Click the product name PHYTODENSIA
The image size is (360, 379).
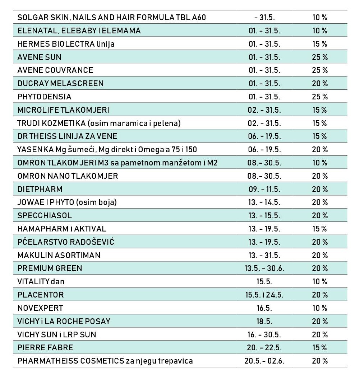(44, 97)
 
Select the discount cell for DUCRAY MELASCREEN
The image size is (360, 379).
(320, 83)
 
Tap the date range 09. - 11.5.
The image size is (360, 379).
(264, 189)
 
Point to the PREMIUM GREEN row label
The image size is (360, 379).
(50, 268)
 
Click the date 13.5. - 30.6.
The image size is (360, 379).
(264, 268)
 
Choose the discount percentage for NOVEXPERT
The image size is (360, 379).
(320, 308)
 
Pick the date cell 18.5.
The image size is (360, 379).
(264, 322)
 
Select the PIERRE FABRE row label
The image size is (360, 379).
(45, 347)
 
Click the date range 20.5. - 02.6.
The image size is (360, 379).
(264, 361)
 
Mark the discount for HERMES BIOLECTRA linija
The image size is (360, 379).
(320, 44)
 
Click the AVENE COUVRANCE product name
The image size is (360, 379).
(55, 70)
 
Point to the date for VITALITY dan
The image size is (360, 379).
(264, 282)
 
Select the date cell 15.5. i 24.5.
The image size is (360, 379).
(264, 295)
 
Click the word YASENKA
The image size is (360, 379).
(35, 150)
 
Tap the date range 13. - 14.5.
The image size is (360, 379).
(264, 202)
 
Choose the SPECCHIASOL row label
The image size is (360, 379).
(45, 215)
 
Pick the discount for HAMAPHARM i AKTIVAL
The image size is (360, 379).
(320, 229)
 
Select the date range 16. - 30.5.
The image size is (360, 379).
(264, 334)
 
